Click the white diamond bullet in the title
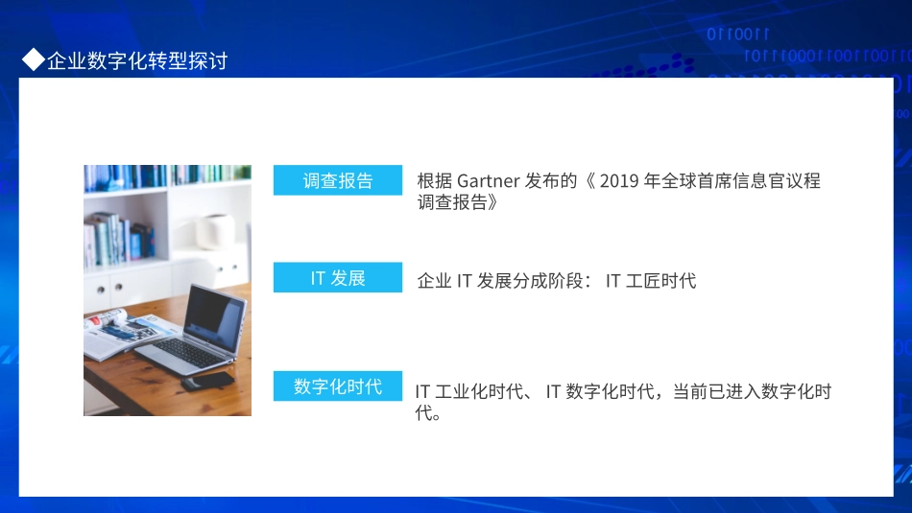(34, 60)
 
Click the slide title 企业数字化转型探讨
(137, 61)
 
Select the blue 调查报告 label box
(338, 180)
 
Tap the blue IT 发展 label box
(338, 278)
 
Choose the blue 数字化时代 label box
(338, 386)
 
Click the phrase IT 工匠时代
(650, 281)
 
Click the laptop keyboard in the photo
(187, 353)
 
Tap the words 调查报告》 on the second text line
(458, 202)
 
